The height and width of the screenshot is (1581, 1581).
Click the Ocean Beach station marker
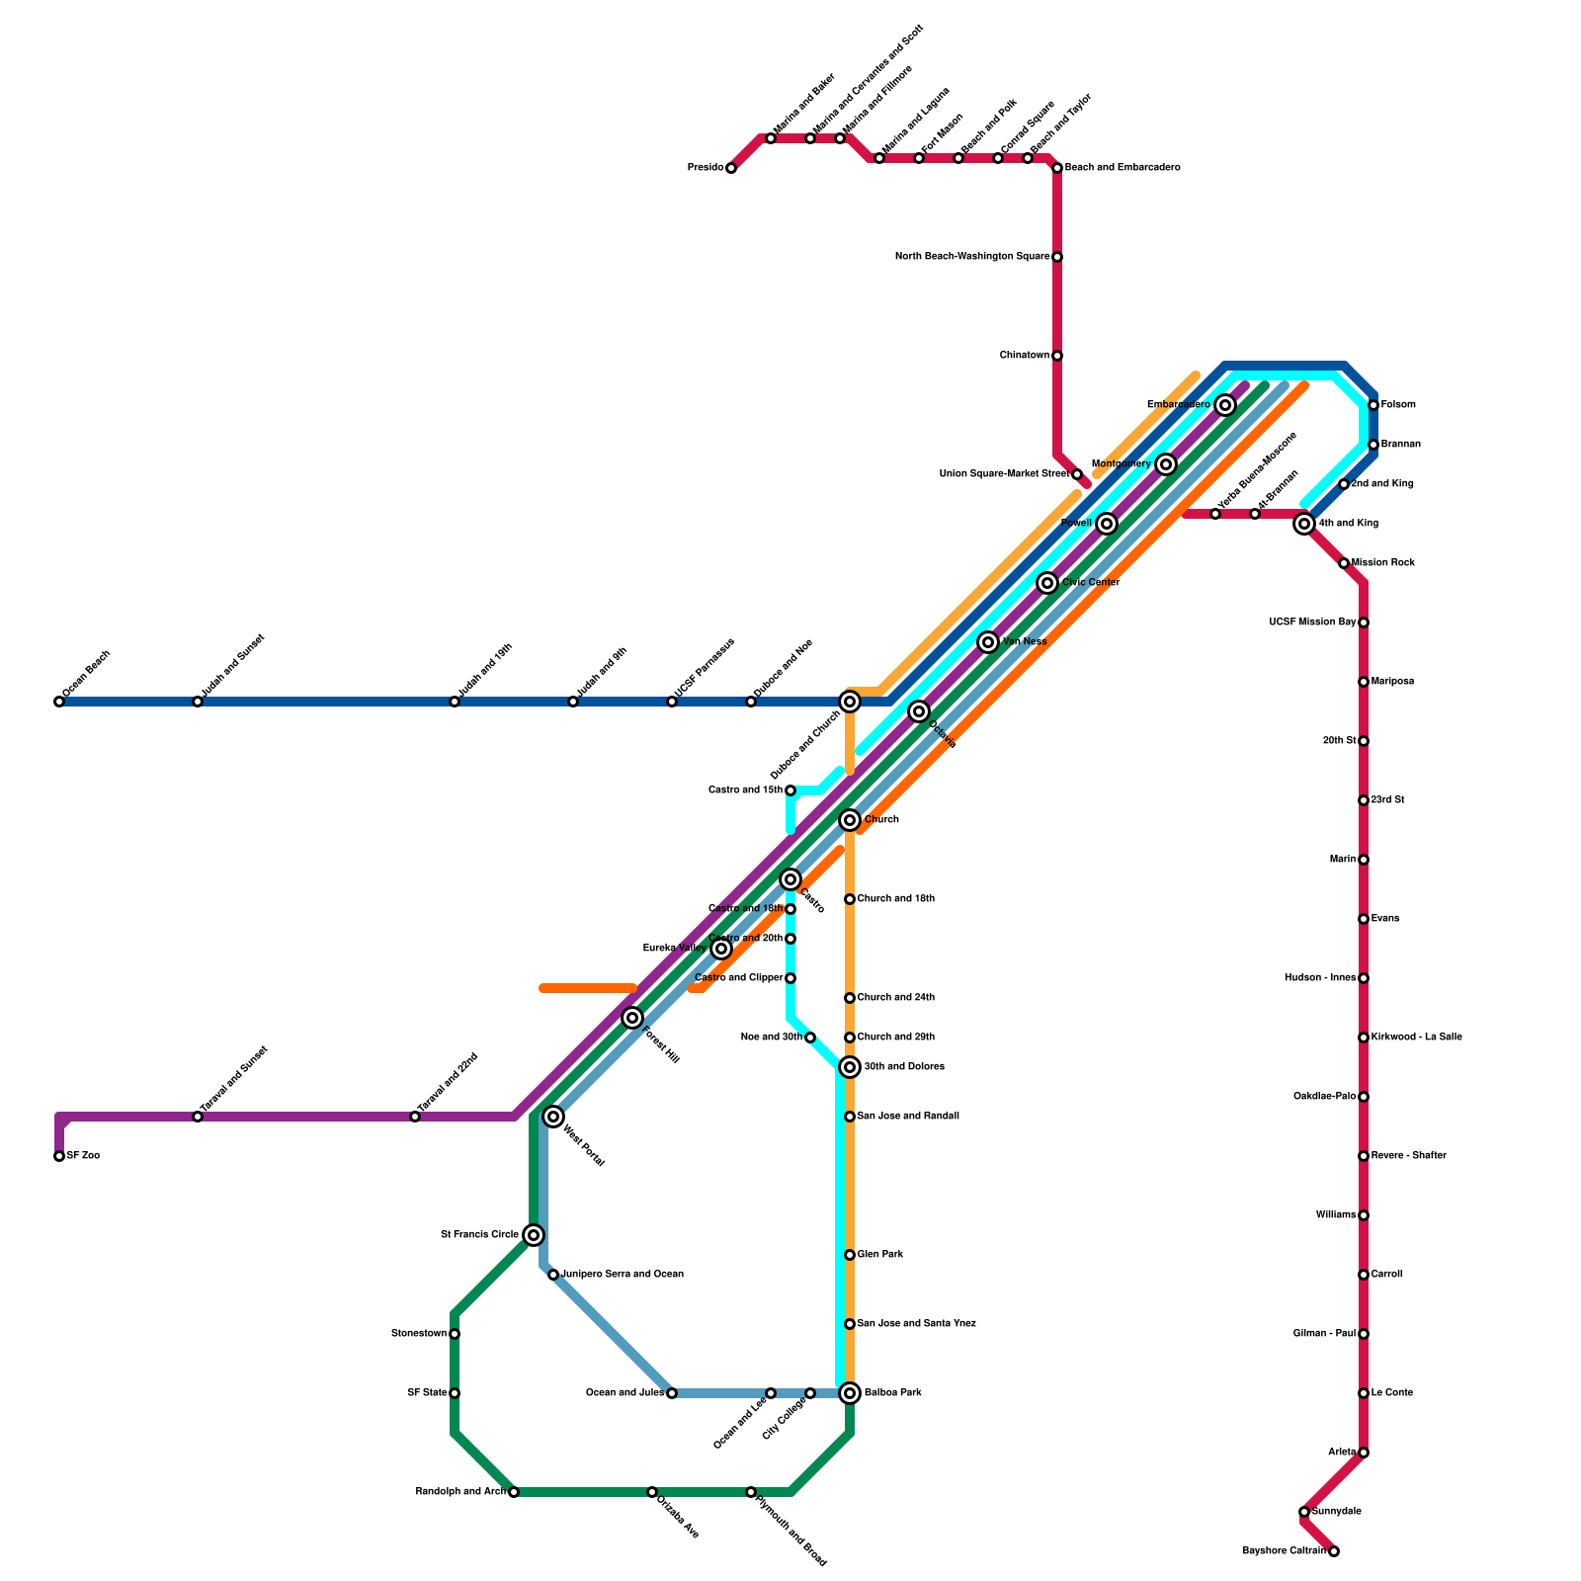tap(59, 702)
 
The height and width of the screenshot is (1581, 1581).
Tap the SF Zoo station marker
tap(59, 1156)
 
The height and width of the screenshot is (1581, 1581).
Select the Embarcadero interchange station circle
tap(1225, 405)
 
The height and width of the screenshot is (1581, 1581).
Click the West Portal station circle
tap(553, 1117)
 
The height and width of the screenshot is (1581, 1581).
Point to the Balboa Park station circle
tap(850, 1393)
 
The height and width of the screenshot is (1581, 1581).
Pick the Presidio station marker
tap(731, 168)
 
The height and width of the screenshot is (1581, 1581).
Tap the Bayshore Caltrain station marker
tap(1334, 1551)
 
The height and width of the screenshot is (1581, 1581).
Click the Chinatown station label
tap(1024, 356)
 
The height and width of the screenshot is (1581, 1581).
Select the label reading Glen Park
tap(880, 1255)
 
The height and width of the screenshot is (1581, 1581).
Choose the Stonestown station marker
tap(455, 1334)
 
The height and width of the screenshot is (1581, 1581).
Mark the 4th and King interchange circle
tap(1304, 524)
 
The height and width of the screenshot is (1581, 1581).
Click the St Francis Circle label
tap(479, 1235)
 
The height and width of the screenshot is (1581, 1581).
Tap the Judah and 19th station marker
tap(455, 702)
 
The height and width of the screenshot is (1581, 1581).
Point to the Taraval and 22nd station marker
tap(415, 1117)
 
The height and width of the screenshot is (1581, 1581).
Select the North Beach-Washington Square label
tap(971, 257)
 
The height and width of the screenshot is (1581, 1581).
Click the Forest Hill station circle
tap(632, 1018)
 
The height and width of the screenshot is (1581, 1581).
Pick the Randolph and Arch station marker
tap(514, 1492)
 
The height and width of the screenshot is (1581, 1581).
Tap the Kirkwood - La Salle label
tap(1416, 1038)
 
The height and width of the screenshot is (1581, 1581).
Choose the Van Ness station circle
tap(988, 642)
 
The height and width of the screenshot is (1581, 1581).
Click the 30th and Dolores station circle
tap(850, 1067)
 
